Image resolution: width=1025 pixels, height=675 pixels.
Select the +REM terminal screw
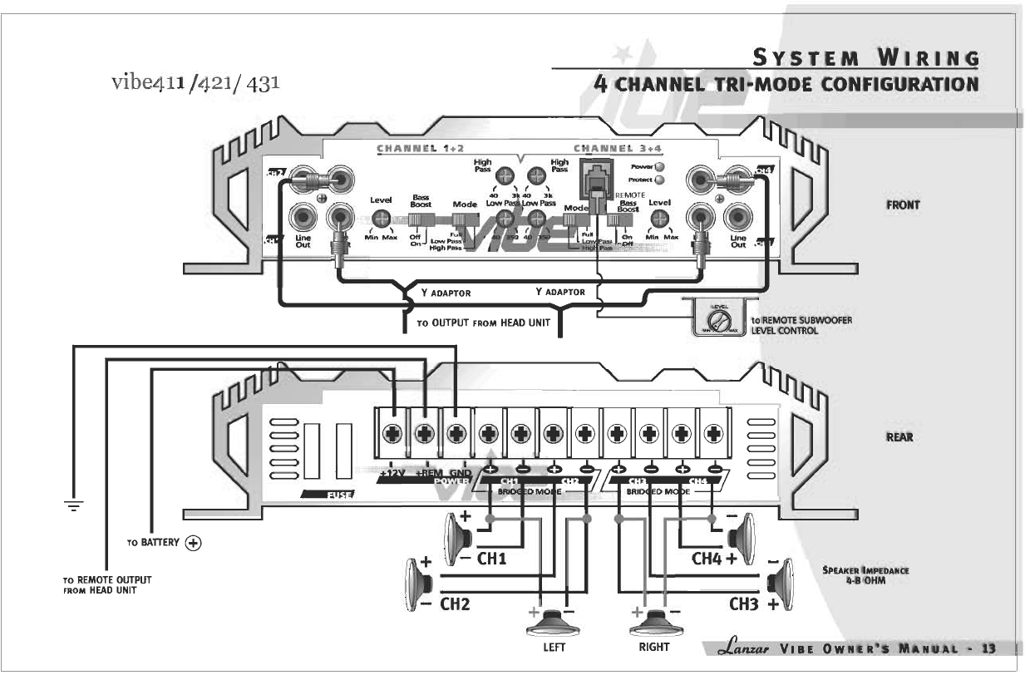[425, 433]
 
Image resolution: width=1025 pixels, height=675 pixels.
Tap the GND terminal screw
[456, 433]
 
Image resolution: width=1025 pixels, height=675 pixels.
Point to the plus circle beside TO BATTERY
[194, 543]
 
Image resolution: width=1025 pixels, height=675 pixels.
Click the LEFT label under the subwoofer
[554, 648]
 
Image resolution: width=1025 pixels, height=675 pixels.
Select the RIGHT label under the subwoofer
[653, 647]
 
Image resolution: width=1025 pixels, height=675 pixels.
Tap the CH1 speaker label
[491, 559]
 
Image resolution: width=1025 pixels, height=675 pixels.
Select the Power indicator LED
[658, 166]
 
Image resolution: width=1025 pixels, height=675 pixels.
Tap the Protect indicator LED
[658, 179]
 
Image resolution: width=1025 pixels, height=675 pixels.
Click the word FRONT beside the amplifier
[902, 204]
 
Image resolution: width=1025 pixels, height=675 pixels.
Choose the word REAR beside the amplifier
[899, 437]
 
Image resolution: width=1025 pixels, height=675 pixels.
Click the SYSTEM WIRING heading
[865, 58]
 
